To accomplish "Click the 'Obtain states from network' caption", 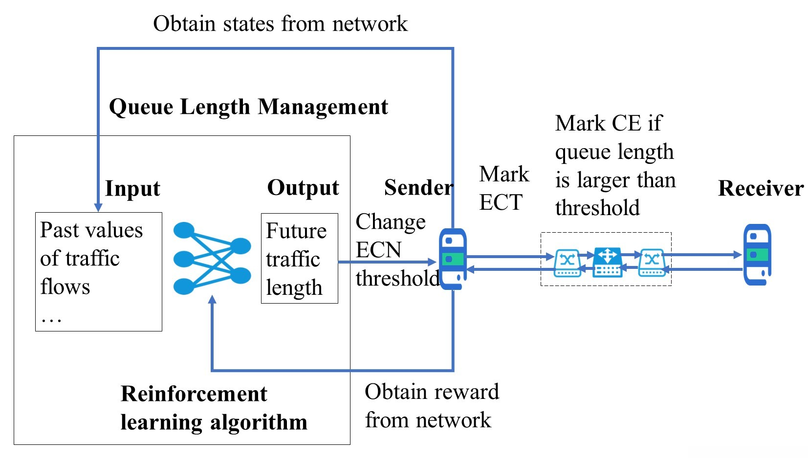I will (x=280, y=23).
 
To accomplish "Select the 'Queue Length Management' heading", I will (x=248, y=107).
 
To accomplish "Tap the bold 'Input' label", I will (x=132, y=189).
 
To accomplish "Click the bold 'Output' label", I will (x=303, y=188).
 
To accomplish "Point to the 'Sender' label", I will (x=418, y=188).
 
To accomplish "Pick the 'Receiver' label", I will (x=761, y=189).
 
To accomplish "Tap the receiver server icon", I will (x=757, y=255).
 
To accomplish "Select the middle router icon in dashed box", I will (x=608, y=263).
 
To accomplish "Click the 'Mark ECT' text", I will (x=503, y=188).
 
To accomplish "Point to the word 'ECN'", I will (x=378, y=250).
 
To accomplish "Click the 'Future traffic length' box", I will (x=299, y=258).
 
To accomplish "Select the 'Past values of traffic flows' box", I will (x=98, y=271).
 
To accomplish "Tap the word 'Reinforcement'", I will (x=194, y=394).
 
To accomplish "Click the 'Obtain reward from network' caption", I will (x=431, y=406).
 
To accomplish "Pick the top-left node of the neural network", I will (x=184, y=230).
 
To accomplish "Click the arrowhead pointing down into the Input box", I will (x=98, y=207).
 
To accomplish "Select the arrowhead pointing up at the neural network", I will (x=212, y=299).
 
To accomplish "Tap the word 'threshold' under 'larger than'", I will (x=597, y=208).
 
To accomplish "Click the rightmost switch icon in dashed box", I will (x=652, y=263).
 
